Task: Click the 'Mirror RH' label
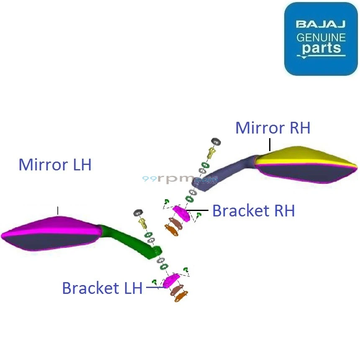[x=273, y=128]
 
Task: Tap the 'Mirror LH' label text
[x=55, y=165]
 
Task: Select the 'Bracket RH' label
[x=253, y=211]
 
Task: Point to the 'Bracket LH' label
[x=102, y=288]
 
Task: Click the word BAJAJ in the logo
[x=321, y=24]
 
